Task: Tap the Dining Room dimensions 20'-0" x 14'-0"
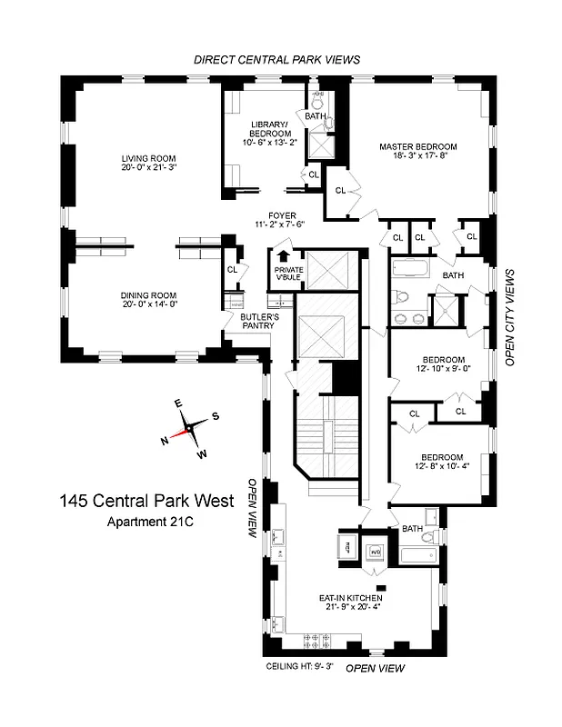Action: [149, 305]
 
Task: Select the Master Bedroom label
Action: [417, 146]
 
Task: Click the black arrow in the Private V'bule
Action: [283, 256]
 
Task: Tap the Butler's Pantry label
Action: [256, 321]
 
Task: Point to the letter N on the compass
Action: [165, 441]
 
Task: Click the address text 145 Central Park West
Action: [146, 501]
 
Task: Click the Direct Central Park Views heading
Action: [277, 59]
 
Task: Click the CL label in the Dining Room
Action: [232, 269]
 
